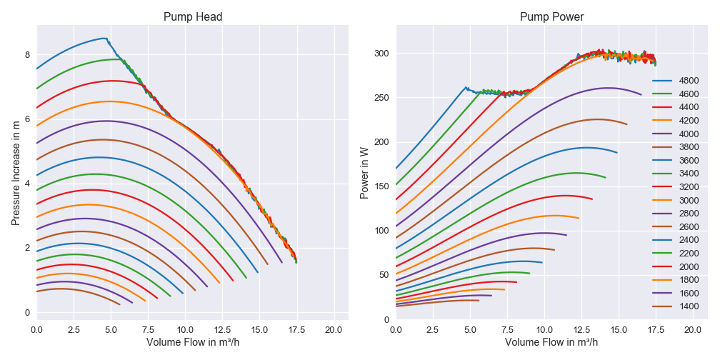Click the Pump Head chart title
tap(192, 17)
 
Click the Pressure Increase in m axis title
tap(16, 168)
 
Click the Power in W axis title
tap(365, 168)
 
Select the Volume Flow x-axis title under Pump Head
tap(192, 342)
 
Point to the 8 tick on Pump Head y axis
tap(27, 55)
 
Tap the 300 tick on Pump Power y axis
tap(381, 54)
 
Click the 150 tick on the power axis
tap(381, 186)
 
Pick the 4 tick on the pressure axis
tap(27, 184)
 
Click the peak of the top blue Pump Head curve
tap(104, 39)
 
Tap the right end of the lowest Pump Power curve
tap(479, 301)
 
